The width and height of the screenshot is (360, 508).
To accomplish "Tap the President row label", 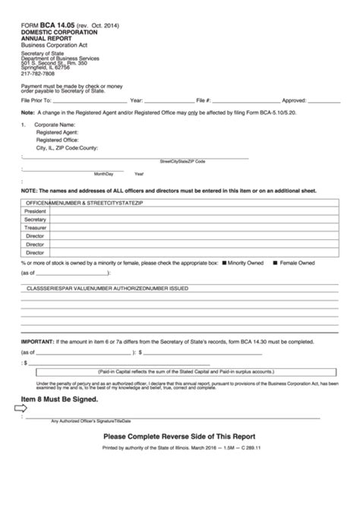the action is (35, 211).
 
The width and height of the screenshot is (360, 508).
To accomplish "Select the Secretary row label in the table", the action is (35, 219).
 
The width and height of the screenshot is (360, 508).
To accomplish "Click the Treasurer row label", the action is (35, 228).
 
